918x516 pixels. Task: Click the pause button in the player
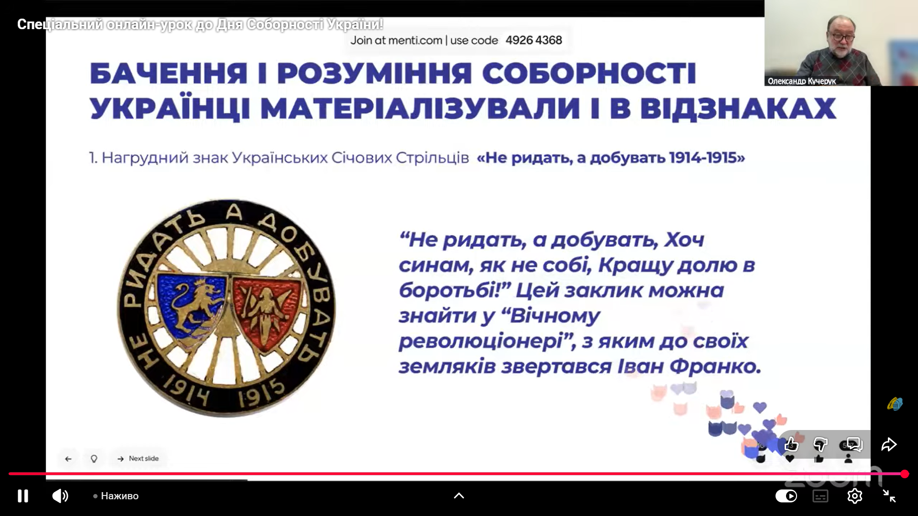(x=23, y=496)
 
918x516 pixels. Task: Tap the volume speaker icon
(x=60, y=496)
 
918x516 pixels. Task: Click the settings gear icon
(x=854, y=496)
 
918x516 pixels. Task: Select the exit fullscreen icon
(x=889, y=496)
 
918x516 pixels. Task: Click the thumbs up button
(x=791, y=444)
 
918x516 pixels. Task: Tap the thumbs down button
(x=820, y=444)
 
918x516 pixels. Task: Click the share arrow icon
(x=889, y=444)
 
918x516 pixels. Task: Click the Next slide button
(x=138, y=459)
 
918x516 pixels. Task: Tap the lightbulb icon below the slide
(x=94, y=459)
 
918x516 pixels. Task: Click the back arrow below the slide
(x=68, y=459)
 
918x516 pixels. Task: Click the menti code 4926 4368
(x=534, y=40)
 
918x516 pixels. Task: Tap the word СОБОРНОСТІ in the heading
(x=589, y=74)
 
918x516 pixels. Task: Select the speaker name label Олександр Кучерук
(x=802, y=81)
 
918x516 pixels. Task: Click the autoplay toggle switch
(x=786, y=496)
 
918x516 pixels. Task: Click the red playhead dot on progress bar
(x=905, y=474)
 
